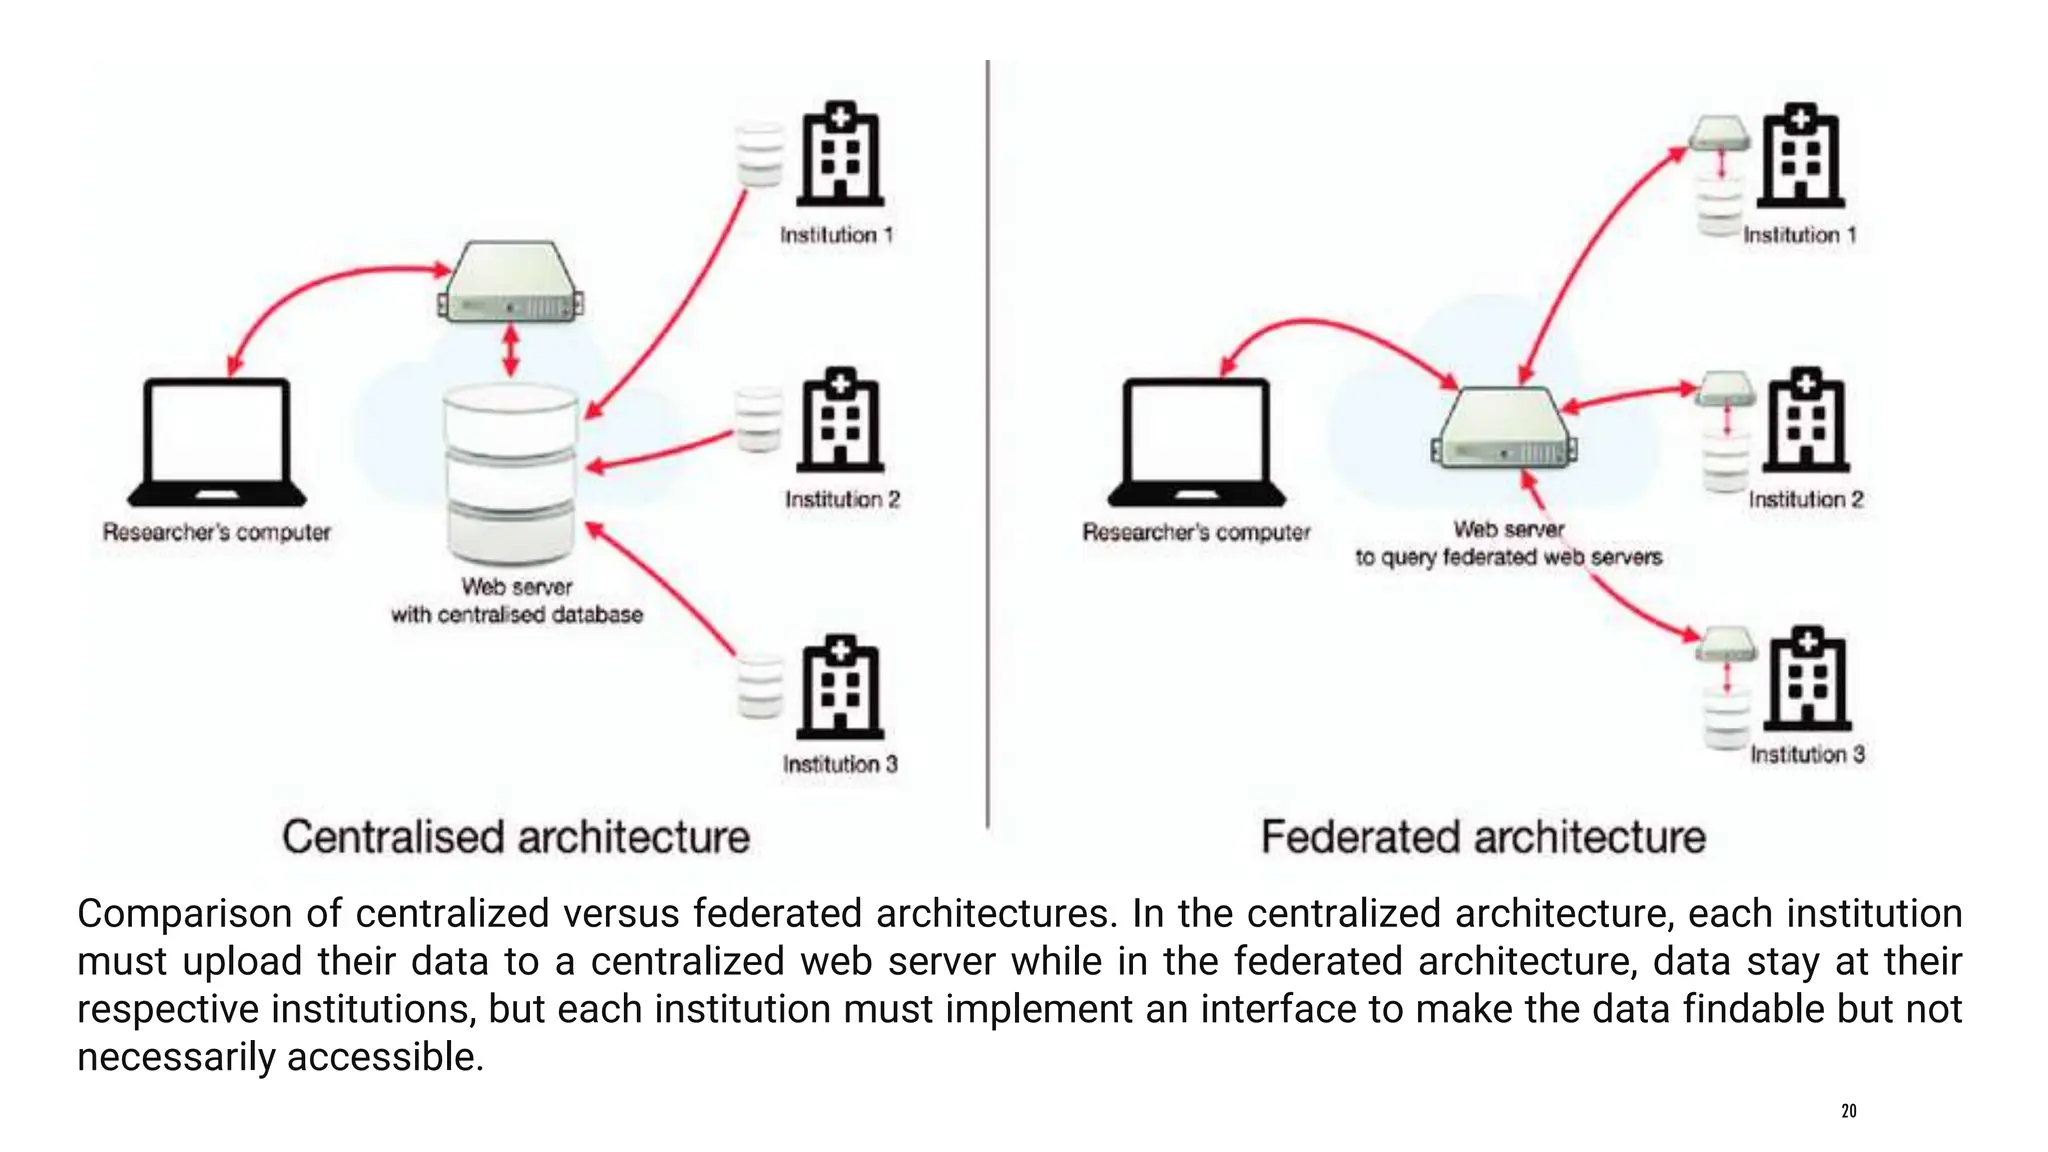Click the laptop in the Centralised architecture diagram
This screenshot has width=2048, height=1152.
217,441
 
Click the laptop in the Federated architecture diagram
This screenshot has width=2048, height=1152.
1196,441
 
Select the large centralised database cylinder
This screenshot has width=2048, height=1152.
511,476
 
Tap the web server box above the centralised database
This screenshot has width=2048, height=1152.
511,283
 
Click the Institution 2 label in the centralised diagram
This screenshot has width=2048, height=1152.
842,499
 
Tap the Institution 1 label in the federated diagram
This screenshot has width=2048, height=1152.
1800,235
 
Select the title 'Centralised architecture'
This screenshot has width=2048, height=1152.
515,837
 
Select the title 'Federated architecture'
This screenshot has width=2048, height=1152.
1483,837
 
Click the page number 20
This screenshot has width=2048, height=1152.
1848,1111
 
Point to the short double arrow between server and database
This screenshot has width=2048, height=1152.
511,351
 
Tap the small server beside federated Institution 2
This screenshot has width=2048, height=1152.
1726,388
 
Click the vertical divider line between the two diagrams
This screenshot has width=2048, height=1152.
988,440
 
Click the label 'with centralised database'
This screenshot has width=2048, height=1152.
516,614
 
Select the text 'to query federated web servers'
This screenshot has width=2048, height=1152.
1508,557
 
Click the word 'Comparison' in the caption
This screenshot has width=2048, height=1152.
186,913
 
